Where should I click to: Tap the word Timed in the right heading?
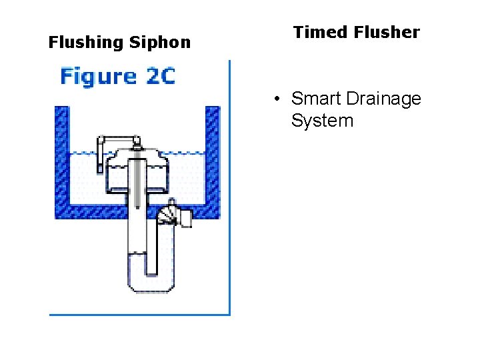316,32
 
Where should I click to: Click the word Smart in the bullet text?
315,99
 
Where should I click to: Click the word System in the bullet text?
322,121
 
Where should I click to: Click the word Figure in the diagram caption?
97,76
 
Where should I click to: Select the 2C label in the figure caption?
159,76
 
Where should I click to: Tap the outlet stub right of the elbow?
185,217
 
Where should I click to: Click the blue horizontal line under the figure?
140,314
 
